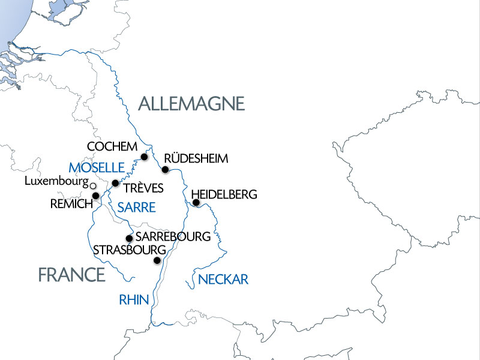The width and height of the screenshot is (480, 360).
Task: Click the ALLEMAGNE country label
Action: pos(191,103)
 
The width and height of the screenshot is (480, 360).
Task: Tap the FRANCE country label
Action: pos(71,275)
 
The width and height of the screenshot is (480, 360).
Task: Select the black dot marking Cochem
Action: pos(144,157)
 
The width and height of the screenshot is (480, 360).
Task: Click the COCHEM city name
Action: pos(112,146)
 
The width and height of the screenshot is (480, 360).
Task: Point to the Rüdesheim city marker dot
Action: pos(165,169)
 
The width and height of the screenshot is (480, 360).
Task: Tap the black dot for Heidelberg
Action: pos(196,202)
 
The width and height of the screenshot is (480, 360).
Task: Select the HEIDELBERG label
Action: pos(224,194)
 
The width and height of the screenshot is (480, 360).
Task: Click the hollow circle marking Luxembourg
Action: pos(92,186)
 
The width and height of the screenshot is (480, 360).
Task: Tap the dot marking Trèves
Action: pos(115,183)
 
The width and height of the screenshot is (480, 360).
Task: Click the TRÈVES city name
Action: pos(143,188)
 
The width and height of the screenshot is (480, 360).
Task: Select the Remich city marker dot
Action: pos(95,196)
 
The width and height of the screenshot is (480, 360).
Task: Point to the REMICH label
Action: pos(71,204)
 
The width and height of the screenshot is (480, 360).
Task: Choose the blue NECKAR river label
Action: pos(223,279)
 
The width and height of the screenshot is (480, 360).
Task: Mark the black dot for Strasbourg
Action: pos(157,260)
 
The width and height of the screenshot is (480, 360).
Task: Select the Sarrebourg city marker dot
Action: pos(129,238)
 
